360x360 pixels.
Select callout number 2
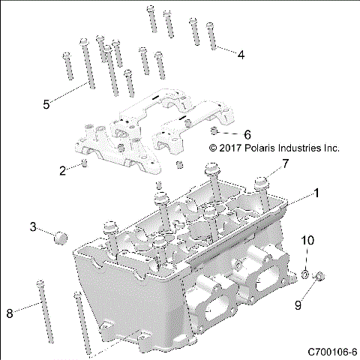click(63, 170)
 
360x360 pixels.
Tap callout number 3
click(33, 226)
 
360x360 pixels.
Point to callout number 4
click(240, 55)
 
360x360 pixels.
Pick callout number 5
click(46, 104)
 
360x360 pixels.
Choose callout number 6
click(226, 134)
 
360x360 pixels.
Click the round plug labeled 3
click(60, 238)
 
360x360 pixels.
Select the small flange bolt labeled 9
click(319, 277)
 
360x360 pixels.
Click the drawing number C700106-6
click(331, 351)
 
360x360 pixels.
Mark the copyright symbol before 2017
click(213, 148)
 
